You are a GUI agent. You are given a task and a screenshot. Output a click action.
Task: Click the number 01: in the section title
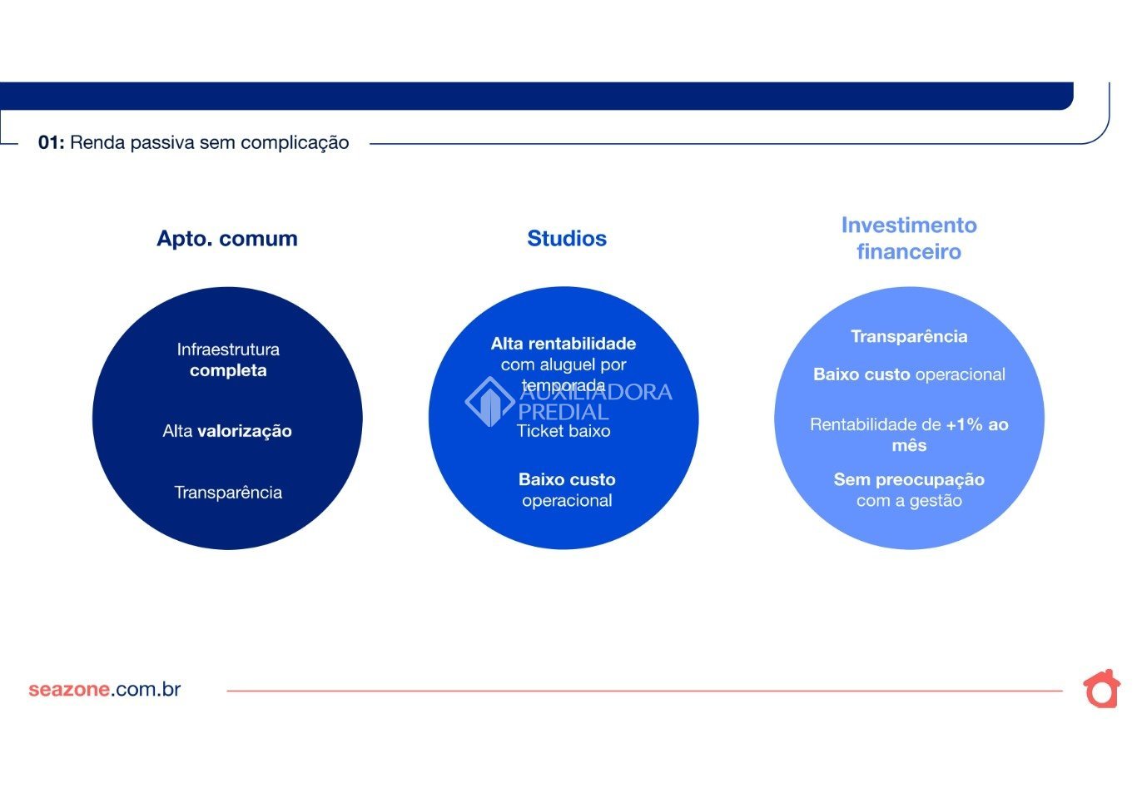coord(52,142)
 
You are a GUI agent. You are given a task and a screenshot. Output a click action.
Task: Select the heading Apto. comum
coord(227,239)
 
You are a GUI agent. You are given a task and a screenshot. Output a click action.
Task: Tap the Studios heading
coord(567,239)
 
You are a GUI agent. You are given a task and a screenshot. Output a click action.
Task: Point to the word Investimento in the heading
coord(909,226)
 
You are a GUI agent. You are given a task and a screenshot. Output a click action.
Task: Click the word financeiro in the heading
coord(909,252)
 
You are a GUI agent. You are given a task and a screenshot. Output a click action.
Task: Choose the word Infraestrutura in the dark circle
coord(228,349)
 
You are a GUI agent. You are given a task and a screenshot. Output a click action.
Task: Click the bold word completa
coord(228,371)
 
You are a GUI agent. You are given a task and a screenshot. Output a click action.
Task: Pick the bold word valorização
coord(245,431)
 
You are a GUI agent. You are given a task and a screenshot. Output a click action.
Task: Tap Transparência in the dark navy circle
coord(228,493)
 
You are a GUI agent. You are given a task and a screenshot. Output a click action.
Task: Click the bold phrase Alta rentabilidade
coord(564,344)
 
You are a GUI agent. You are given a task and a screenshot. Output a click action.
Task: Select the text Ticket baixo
coord(564,431)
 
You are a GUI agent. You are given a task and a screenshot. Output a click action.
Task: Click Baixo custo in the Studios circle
coord(567,479)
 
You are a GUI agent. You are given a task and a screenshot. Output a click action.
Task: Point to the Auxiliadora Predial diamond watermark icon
coord(489,401)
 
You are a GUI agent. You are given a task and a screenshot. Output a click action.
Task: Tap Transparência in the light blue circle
coord(909,336)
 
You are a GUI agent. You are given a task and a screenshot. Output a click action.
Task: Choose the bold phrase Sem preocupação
coord(909,479)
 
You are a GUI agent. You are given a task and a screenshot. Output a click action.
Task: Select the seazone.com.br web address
coord(105,689)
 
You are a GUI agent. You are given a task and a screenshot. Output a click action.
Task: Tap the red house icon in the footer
coord(1101,689)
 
